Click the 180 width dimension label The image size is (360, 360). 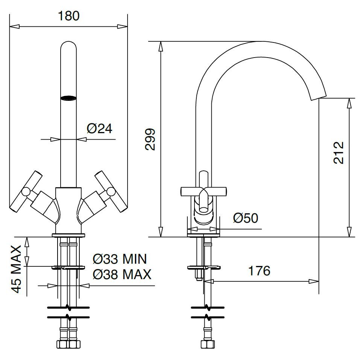(68, 16)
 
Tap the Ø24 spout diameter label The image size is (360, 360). (99, 129)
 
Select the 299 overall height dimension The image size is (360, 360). (150, 139)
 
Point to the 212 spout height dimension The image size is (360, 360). (339, 152)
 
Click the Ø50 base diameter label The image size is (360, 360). (245, 218)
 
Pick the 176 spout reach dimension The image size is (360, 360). (259, 270)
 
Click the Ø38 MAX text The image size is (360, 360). (122, 275)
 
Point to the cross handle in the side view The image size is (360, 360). (204, 190)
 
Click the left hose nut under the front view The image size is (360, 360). (62, 344)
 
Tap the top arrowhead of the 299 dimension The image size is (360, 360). (161, 45)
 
